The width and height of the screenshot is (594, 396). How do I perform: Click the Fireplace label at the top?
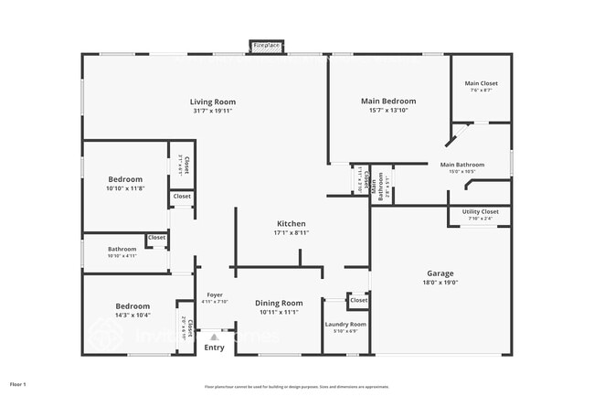tap(267, 45)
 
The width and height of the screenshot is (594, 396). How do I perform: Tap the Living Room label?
tap(213, 102)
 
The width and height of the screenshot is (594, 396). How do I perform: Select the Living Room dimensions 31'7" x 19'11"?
tap(213, 112)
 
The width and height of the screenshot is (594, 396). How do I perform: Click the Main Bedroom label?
tap(388, 101)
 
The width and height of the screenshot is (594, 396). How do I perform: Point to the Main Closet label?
tap(481, 83)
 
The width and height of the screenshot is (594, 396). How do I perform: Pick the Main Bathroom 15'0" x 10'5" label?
tap(466, 165)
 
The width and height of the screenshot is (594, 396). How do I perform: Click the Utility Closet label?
tap(480, 211)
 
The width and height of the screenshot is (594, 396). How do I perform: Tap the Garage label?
tap(440, 273)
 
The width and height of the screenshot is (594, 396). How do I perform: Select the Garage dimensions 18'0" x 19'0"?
tap(440, 283)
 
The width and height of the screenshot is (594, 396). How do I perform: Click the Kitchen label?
tap(292, 223)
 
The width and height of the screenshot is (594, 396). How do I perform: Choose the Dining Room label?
tap(279, 303)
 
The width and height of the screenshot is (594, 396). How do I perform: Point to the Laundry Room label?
tap(345, 324)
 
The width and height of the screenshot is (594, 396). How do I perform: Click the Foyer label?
tap(215, 294)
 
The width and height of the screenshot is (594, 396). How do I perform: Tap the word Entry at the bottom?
tap(214, 348)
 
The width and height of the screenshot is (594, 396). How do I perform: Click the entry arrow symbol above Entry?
tap(214, 337)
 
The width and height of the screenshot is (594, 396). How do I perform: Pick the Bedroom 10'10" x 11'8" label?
tap(125, 179)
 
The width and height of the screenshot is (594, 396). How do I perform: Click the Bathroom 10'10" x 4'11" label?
tap(122, 249)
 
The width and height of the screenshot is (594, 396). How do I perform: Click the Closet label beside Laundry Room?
tap(358, 300)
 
